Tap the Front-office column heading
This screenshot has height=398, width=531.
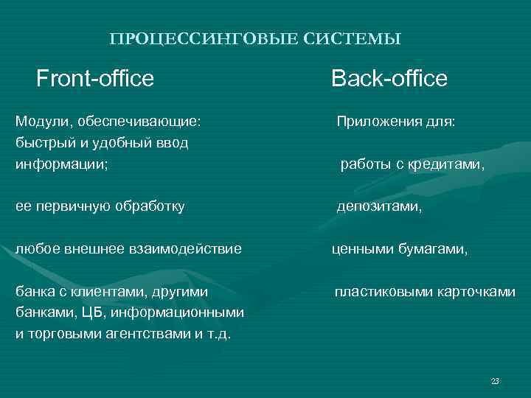[x=95, y=78]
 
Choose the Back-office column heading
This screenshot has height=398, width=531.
[x=389, y=78]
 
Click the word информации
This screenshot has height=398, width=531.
[x=60, y=164]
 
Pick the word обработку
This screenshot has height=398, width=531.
[x=148, y=207]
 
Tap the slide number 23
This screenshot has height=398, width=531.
[x=495, y=381]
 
